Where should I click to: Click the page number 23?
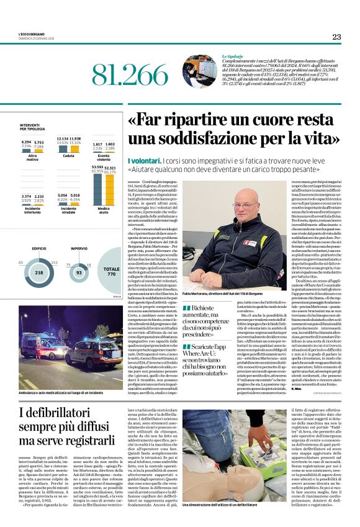pos(336,37)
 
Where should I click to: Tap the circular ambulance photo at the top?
pos(199,71)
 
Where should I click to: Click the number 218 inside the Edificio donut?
pos(39,273)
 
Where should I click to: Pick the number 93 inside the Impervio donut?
pos(79,273)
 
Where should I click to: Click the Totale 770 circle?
pos(112,273)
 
